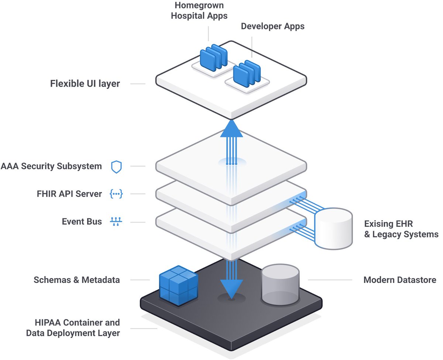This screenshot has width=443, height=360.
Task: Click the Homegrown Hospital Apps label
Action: click(199, 11)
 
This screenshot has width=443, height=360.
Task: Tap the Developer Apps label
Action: click(272, 27)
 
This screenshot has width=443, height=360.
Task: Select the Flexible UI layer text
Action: click(85, 84)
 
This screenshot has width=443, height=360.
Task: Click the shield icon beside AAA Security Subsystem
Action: click(116, 167)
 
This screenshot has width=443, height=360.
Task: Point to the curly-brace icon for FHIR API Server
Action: click(116, 194)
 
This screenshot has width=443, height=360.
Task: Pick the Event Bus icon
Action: click(116, 222)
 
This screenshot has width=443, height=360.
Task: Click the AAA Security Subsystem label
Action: click(51, 166)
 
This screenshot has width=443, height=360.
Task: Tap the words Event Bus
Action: click(82, 222)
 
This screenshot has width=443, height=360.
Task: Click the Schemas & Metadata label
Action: click(77, 280)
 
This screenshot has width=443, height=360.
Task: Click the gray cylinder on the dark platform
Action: click(280, 286)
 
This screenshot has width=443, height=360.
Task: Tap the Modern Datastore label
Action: click(399, 280)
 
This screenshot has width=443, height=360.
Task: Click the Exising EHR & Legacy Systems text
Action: click(401, 229)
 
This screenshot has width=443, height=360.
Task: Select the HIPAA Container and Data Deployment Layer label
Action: click(73, 328)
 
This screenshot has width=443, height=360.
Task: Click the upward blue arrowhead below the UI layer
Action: click(231, 129)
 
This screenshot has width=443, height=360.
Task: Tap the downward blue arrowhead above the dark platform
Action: click(231, 288)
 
